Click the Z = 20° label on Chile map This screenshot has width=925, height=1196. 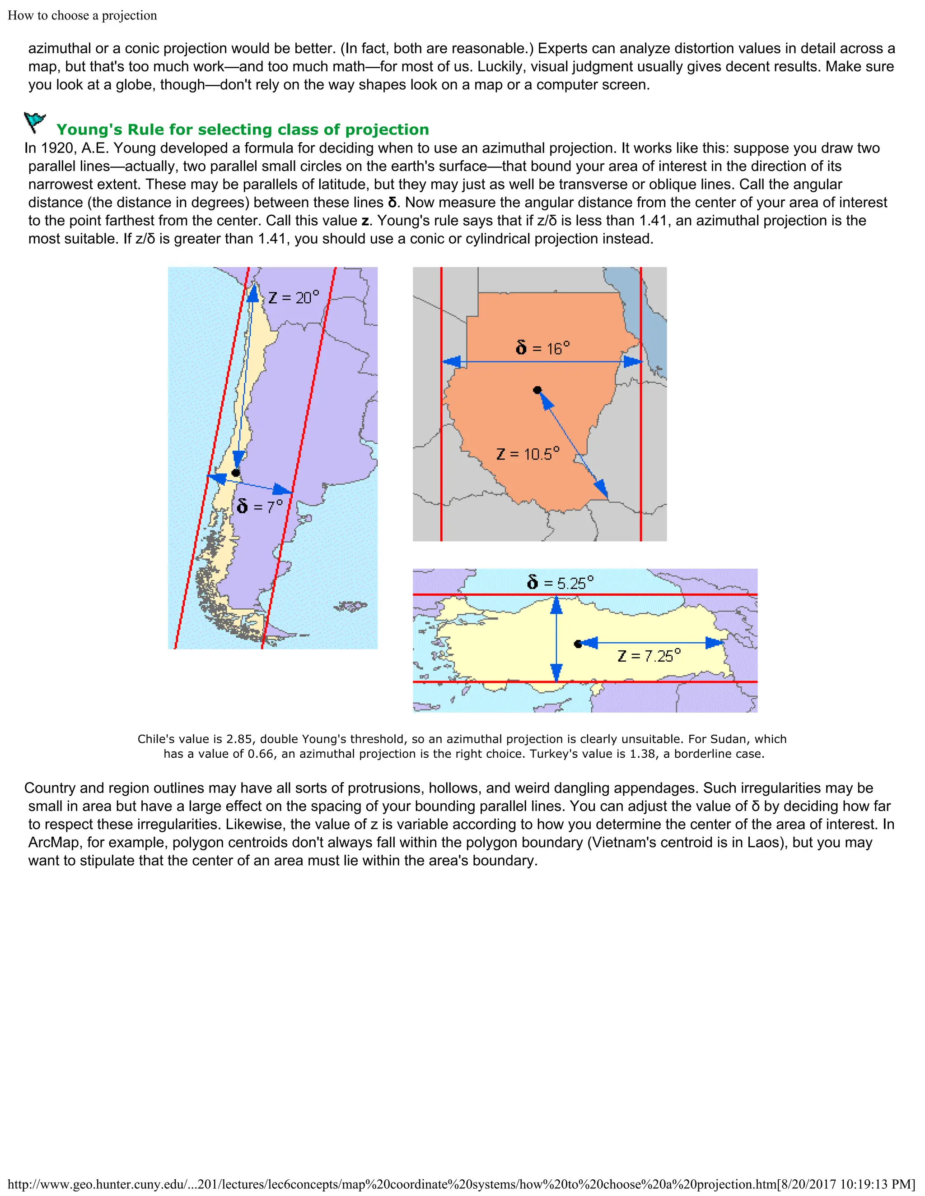[293, 297]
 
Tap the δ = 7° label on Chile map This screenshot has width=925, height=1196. [260, 506]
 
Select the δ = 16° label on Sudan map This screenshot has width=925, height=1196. [542, 348]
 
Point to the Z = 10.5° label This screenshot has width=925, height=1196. [528, 454]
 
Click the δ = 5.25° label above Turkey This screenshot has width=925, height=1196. [560, 582]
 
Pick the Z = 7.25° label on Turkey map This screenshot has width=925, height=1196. [649, 655]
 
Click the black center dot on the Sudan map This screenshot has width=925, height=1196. [537, 390]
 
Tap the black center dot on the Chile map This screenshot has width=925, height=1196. [236, 473]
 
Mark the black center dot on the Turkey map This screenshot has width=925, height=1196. [578, 644]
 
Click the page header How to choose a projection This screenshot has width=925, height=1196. [82, 15]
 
